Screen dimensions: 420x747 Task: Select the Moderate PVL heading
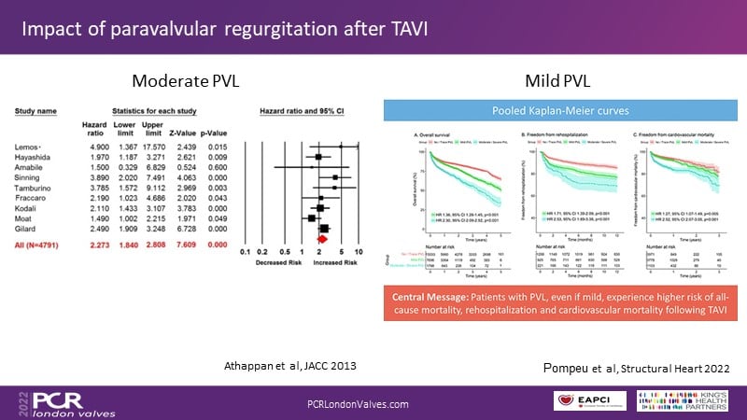(x=185, y=81)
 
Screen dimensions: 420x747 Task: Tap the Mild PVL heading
(x=559, y=81)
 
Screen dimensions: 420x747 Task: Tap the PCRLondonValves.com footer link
(x=358, y=402)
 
